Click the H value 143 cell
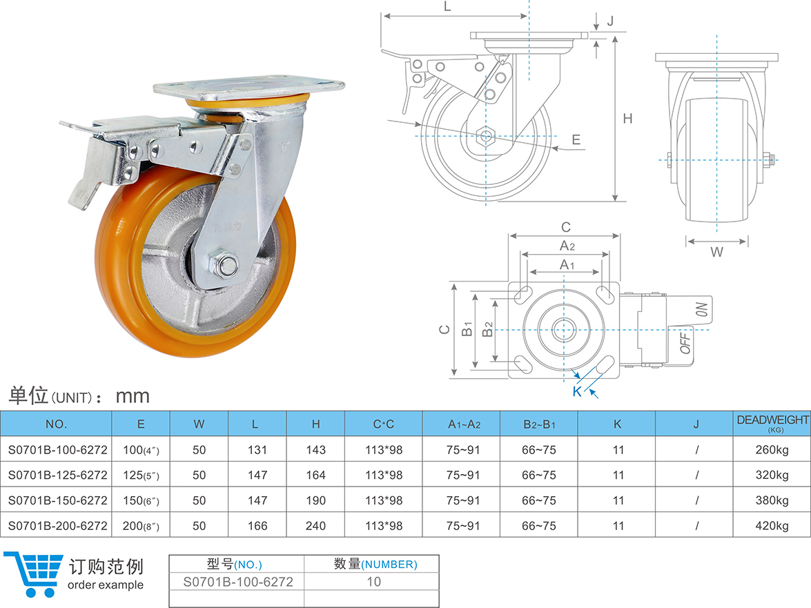(x=315, y=450)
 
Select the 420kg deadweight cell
(x=772, y=526)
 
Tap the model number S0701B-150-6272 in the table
(x=57, y=500)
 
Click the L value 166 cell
(x=257, y=526)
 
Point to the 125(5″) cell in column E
(x=141, y=475)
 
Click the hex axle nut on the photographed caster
(x=224, y=264)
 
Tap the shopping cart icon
(x=33, y=573)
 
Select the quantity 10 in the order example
(x=373, y=582)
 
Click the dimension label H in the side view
(x=627, y=119)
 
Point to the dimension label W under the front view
(x=717, y=253)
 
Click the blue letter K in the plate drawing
(x=577, y=392)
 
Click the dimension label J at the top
(x=610, y=21)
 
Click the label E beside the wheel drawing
(x=576, y=140)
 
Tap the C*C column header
(x=383, y=424)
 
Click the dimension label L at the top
(x=447, y=7)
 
